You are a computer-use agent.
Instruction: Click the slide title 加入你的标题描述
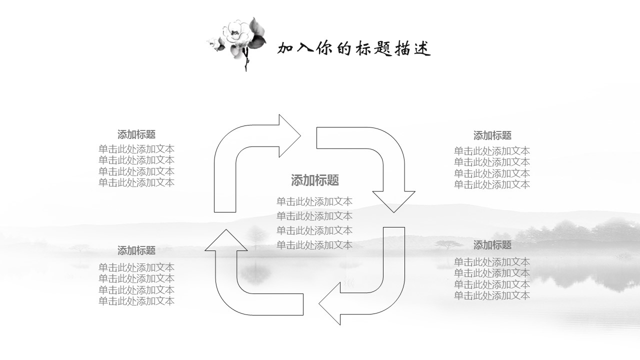tap(354, 48)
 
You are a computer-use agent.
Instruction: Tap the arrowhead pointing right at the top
tap(289, 135)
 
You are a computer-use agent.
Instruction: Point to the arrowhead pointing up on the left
tap(226, 240)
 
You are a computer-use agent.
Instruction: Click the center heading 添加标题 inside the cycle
tap(315, 180)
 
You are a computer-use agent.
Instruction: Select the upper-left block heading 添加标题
tap(136, 134)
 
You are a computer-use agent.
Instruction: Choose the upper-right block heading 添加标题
tap(492, 135)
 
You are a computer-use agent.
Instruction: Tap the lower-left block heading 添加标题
tap(136, 250)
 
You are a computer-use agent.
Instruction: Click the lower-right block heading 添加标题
tap(492, 245)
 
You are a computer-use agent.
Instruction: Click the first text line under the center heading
tap(314, 201)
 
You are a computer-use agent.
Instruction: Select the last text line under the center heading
tap(314, 245)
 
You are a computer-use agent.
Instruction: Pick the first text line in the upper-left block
tap(136, 149)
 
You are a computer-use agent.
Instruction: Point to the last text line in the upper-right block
tap(492, 184)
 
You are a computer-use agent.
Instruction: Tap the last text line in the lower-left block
tap(136, 301)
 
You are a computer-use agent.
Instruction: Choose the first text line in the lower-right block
tap(492, 262)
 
